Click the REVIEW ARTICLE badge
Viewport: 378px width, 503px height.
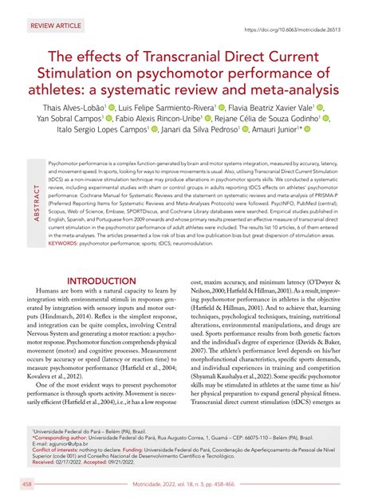[56, 26]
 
